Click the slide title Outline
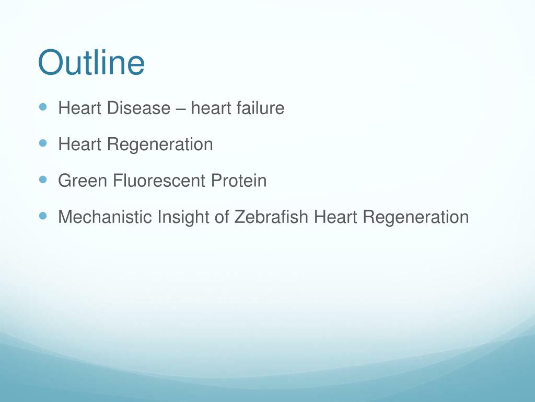click(91, 63)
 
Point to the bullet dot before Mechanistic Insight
click(43, 215)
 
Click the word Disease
click(138, 108)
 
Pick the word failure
click(260, 108)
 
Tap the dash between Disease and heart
click(180, 109)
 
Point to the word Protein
click(239, 181)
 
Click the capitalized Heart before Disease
click(80, 108)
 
